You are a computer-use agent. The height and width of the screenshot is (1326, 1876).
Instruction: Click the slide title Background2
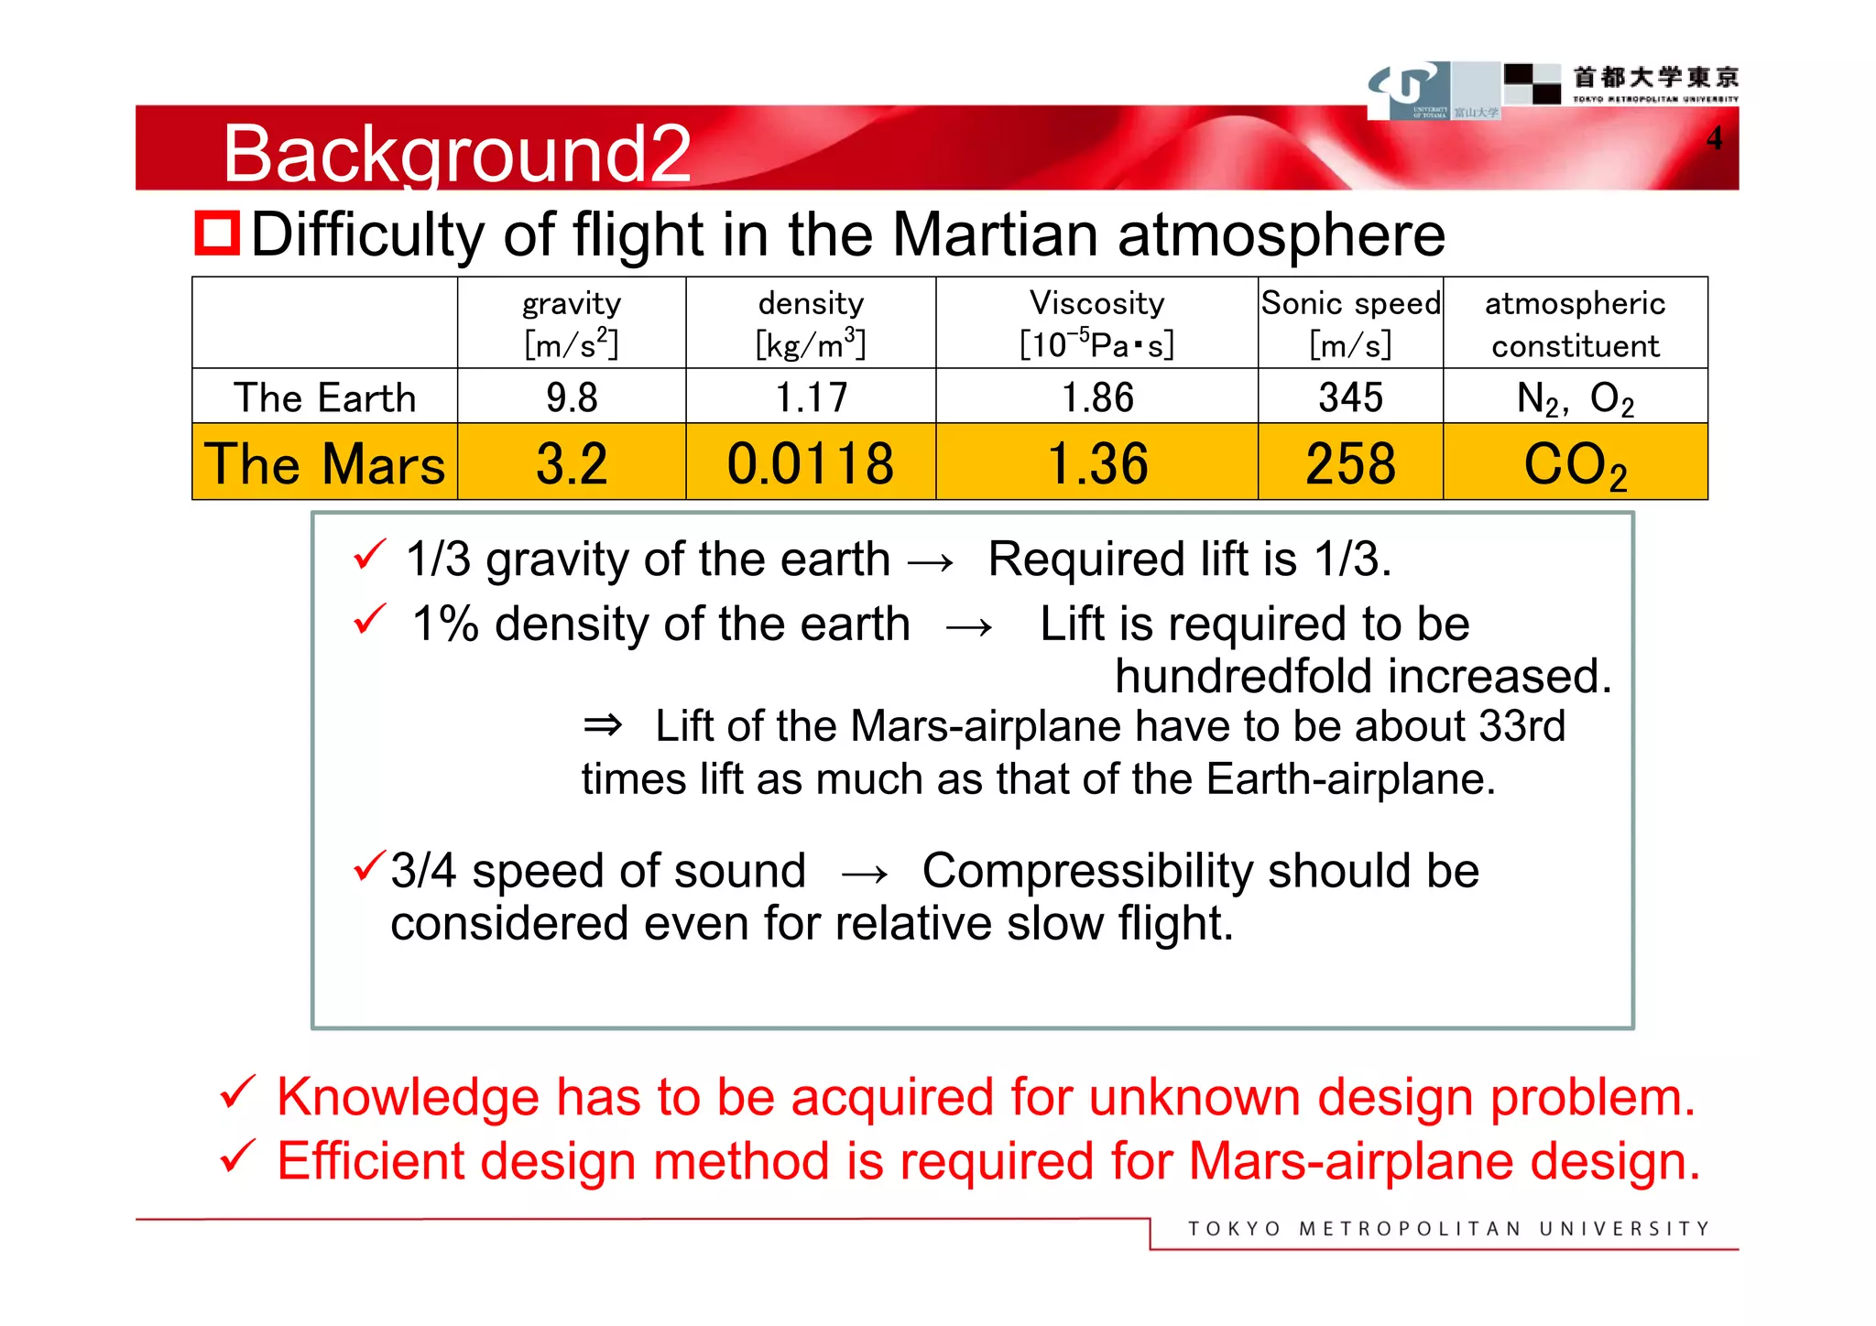456,153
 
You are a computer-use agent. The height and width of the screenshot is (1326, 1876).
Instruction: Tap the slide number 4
1714,138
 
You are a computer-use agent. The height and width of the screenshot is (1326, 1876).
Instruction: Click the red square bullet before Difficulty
216,233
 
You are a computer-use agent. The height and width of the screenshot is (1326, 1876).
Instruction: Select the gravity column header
572,322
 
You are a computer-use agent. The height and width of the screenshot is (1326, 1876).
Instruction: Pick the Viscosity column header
1096,322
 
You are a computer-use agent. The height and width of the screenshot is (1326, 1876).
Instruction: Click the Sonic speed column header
1350,322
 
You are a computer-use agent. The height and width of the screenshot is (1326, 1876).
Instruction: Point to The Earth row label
324,397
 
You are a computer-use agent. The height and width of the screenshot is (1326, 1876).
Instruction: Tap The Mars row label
324,463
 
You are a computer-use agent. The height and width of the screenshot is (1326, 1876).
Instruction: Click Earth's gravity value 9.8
572,397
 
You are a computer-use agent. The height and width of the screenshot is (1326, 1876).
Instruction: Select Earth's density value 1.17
811,397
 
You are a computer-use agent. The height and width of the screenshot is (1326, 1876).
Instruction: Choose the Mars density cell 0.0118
811,463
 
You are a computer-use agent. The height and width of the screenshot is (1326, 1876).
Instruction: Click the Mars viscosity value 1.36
1096,463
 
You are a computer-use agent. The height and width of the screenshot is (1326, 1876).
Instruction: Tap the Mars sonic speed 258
1350,463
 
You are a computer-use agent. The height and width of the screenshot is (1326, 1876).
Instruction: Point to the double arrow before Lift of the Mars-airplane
603,726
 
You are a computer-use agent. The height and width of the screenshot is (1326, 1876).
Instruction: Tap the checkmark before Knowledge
236,1092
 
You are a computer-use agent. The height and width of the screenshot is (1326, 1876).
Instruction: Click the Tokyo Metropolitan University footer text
1448,1229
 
